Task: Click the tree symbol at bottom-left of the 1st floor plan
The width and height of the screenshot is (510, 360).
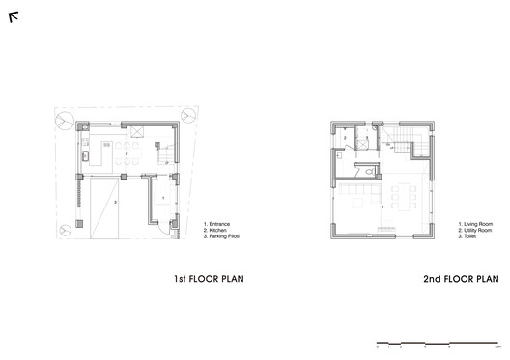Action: pos(63,230)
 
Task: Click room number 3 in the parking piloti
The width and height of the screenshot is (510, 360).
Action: pos(113,202)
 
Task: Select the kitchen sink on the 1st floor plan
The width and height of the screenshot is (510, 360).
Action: pos(85,153)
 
